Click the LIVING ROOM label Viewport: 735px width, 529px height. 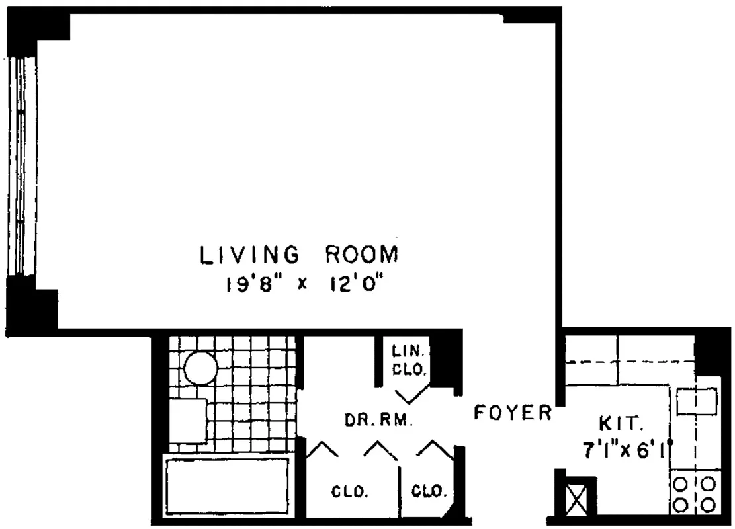click(299, 255)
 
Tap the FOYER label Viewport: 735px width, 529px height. click(513, 413)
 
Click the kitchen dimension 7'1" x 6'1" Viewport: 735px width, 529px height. click(627, 450)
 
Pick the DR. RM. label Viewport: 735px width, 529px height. click(379, 420)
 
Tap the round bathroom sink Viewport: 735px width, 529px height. click(200, 368)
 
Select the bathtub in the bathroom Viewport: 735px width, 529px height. click(228, 485)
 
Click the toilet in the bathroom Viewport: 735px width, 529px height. click(187, 421)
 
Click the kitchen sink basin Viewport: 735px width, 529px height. click(697, 401)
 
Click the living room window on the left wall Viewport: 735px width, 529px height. click(21, 166)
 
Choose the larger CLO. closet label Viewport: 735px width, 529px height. click(350, 492)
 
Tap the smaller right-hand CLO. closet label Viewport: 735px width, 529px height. click(429, 491)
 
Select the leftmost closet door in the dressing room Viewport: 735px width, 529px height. click(322, 448)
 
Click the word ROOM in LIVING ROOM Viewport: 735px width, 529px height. click(362, 255)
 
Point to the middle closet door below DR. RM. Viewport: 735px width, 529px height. click(380, 450)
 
